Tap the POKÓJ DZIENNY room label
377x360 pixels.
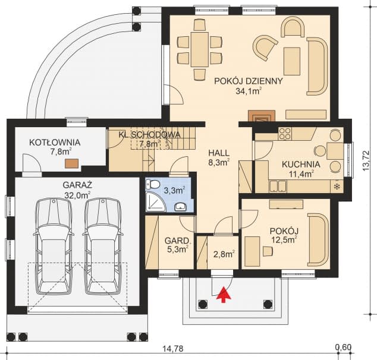point(249,81)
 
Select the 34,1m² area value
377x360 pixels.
point(249,91)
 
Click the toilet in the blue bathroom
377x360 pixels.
point(153,184)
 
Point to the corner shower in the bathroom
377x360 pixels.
point(156,201)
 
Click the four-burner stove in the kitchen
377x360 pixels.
point(285,134)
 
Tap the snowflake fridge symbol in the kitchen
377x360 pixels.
point(338,186)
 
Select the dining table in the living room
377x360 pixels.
point(200,50)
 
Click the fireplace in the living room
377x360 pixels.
point(262,115)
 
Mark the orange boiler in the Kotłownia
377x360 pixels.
point(71,163)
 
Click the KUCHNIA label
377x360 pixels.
point(301,165)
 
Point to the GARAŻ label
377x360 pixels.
point(78,185)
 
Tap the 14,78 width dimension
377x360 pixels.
point(173,348)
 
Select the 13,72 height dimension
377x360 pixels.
point(366,160)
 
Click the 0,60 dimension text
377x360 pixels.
point(344,347)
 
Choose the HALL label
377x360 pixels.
point(219,153)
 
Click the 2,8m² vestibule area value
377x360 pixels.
point(224,254)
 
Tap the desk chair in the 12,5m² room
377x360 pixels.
point(268,251)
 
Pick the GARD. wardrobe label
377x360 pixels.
point(177,241)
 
